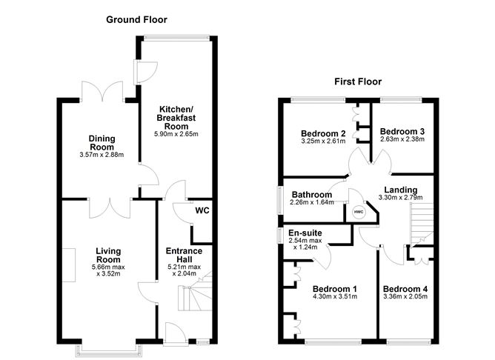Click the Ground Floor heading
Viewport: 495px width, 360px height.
tap(136, 19)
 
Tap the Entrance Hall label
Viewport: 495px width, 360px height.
tap(183, 256)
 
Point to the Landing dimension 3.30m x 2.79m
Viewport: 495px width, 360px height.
tap(400, 199)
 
